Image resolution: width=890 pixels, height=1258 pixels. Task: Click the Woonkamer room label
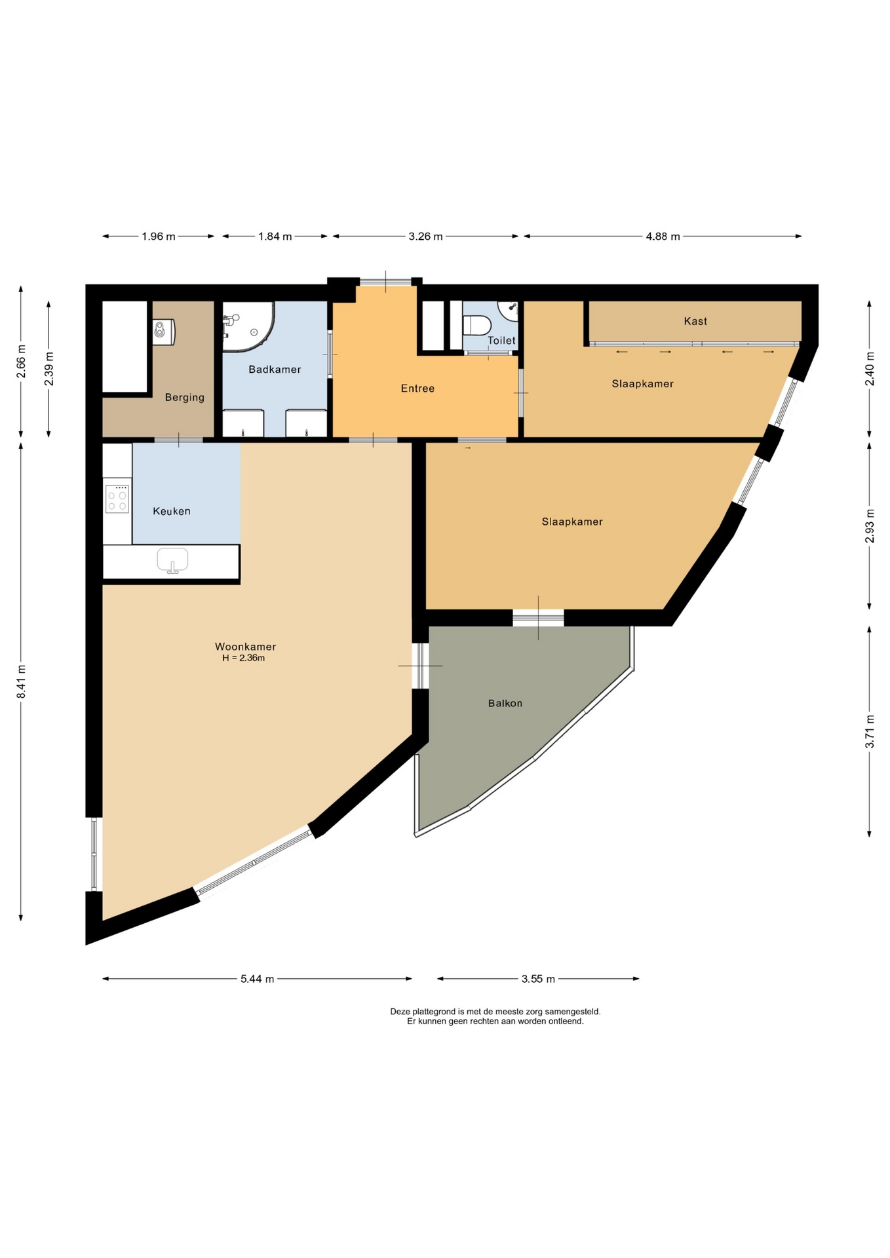[x=245, y=647]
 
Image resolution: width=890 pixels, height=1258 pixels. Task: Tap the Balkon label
[x=505, y=703]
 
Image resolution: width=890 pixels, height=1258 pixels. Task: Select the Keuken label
[x=172, y=511]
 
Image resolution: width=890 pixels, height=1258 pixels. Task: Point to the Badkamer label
[x=275, y=370]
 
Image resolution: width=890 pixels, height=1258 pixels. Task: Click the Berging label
[x=185, y=397]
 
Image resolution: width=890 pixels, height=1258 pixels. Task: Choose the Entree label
[x=417, y=389]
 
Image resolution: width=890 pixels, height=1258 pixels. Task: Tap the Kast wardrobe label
[x=695, y=321]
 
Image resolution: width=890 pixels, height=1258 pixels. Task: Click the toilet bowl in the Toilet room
[x=476, y=325]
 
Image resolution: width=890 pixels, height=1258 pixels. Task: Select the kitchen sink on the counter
[x=172, y=560]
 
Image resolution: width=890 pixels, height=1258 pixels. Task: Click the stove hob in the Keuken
[x=117, y=499]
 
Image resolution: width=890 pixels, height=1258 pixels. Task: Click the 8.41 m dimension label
[x=21, y=681]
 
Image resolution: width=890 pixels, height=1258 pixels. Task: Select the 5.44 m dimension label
[x=257, y=979]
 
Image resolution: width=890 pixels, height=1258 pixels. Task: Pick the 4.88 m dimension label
[x=663, y=237]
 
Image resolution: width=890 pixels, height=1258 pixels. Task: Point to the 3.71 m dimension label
[x=870, y=731]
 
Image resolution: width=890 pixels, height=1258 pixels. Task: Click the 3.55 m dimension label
[x=538, y=979]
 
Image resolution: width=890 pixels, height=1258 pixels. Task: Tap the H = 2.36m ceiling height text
[x=243, y=658]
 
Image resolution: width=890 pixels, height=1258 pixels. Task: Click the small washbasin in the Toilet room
[x=509, y=309]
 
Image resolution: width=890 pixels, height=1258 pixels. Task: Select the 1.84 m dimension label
[x=275, y=237]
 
